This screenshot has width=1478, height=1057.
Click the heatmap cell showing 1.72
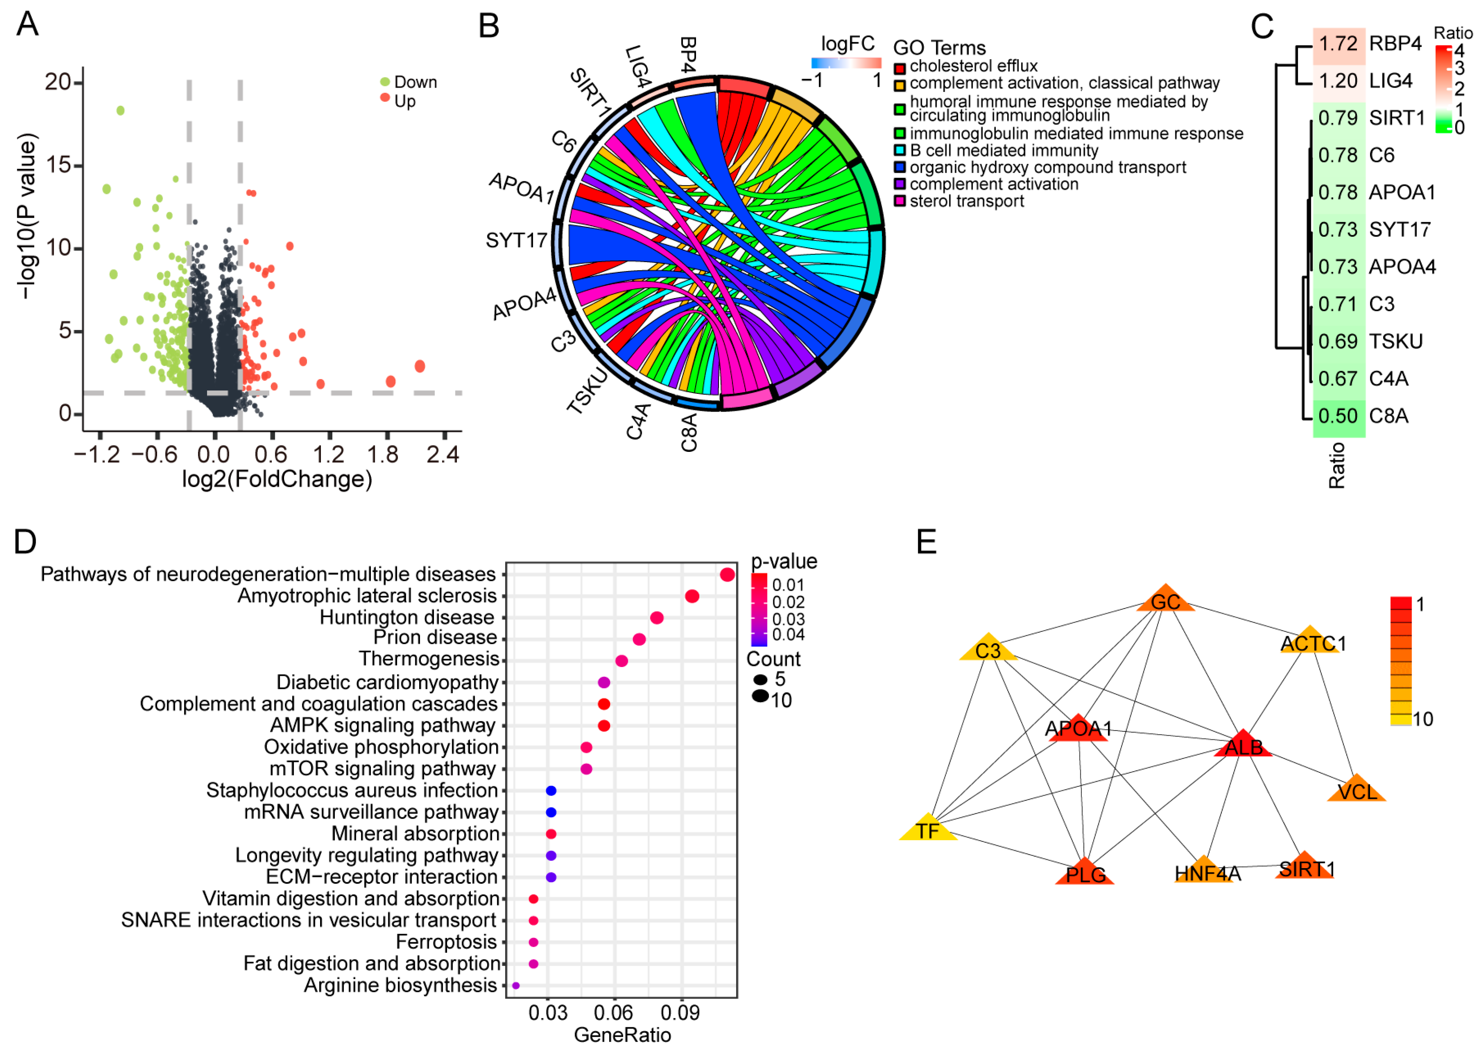click(x=1338, y=44)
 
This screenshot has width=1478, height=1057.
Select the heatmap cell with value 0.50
click(x=1338, y=416)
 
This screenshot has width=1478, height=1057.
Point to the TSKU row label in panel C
click(x=1395, y=342)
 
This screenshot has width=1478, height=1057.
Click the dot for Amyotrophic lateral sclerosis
click(x=692, y=596)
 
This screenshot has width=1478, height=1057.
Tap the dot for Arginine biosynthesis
click(x=516, y=985)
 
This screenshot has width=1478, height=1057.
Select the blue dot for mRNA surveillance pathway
click(x=551, y=812)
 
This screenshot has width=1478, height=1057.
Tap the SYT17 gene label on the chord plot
click(x=517, y=241)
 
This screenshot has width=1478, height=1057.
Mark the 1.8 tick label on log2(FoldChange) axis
click(x=383, y=454)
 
